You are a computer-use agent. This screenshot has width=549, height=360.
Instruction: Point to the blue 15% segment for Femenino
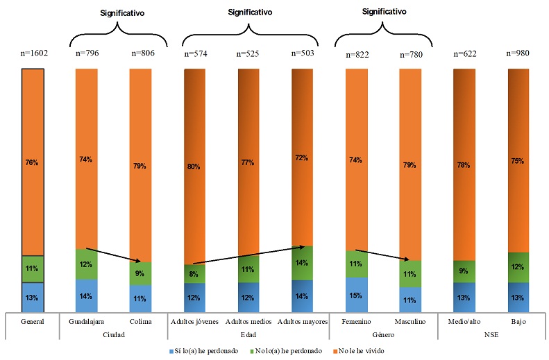(355, 295)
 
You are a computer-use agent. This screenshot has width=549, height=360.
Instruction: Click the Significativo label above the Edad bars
(250, 12)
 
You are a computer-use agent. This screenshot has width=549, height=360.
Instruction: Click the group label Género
(382, 334)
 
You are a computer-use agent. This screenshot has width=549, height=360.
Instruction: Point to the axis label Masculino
(409, 322)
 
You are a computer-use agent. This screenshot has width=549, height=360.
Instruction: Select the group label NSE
(491, 334)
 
